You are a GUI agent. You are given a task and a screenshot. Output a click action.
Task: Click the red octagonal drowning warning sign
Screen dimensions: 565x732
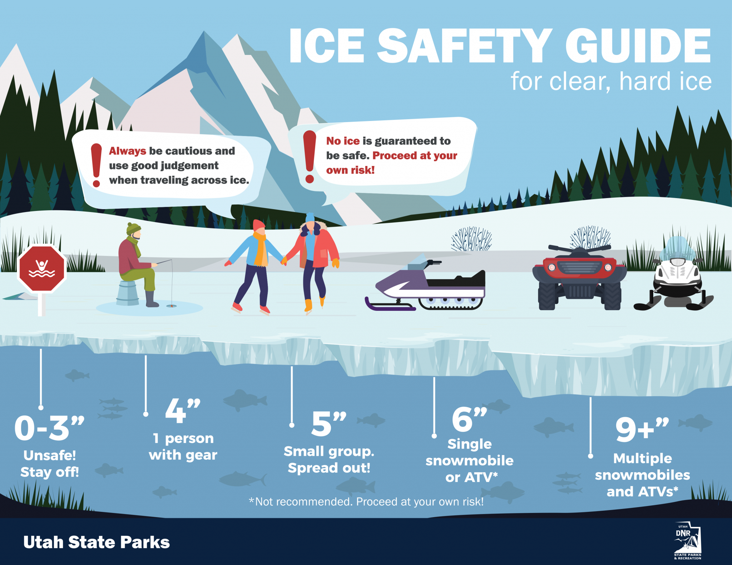tap(42, 268)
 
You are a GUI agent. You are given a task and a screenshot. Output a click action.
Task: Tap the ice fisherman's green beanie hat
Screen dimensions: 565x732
tap(133, 228)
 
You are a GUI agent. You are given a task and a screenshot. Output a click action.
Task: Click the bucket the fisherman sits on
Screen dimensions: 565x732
tap(128, 293)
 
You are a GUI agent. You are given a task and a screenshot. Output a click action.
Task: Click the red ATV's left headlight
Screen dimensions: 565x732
tap(552, 267)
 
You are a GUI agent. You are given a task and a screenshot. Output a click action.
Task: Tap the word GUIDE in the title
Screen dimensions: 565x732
tap(638, 46)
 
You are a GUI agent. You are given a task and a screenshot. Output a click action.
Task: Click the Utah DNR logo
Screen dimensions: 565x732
tap(687, 541)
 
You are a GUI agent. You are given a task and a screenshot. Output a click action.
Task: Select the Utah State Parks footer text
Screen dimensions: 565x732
tap(97, 542)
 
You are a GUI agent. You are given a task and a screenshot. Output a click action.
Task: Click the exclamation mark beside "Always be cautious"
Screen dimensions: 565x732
tap(96, 165)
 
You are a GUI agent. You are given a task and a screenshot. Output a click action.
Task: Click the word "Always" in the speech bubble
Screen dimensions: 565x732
tap(128, 151)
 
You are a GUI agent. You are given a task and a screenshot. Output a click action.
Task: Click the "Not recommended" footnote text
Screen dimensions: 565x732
tap(366, 501)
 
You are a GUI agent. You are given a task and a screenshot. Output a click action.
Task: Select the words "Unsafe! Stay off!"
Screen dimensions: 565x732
tap(50, 464)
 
